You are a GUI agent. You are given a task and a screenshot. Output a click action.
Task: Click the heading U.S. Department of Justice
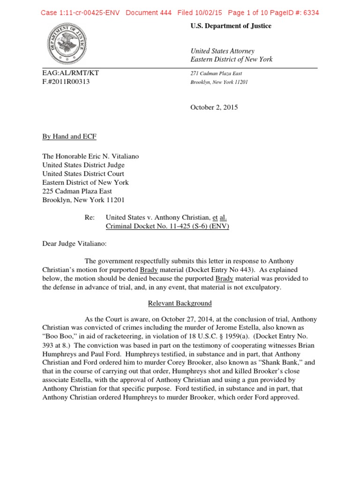pyautogui.click(x=231, y=26)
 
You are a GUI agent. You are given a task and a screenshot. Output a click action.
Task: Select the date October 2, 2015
pyautogui.click(x=214, y=107)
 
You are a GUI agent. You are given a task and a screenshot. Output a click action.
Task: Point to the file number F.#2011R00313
pyautogui.click(x=66, y=82)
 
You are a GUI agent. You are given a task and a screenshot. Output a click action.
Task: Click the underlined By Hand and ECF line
pyautogui.click(x=69, y=136)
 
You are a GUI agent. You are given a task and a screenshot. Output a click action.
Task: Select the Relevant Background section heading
pyautogui.click(x=180, y=303)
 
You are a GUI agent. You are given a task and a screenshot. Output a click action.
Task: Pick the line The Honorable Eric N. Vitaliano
pyautogui.click(x=90, y=157)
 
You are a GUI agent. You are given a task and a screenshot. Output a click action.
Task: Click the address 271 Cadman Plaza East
pyautogui.click(x=216, y=74)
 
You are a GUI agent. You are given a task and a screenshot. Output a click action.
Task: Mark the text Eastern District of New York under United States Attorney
pyautogui.click(x=231, y=60)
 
